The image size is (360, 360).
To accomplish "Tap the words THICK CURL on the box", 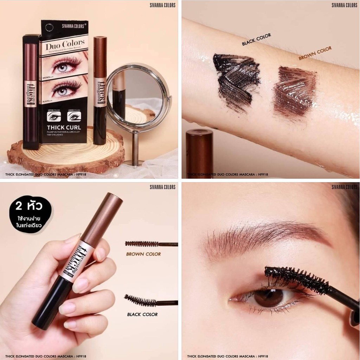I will pyautogui.click(x=64, y=127).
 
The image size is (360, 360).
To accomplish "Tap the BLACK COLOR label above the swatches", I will pyautogui.click(x=256, y=39).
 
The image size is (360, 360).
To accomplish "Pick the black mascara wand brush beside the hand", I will pyautogui.click(x=141, y=301).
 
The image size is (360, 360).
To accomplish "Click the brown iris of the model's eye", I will pyautogui.click(x=264, y=298).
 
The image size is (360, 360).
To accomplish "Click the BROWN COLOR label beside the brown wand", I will pyautogui.click(x=143, y=254).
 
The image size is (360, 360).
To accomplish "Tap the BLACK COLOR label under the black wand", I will pyautogui.click(x=142, y=314).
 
